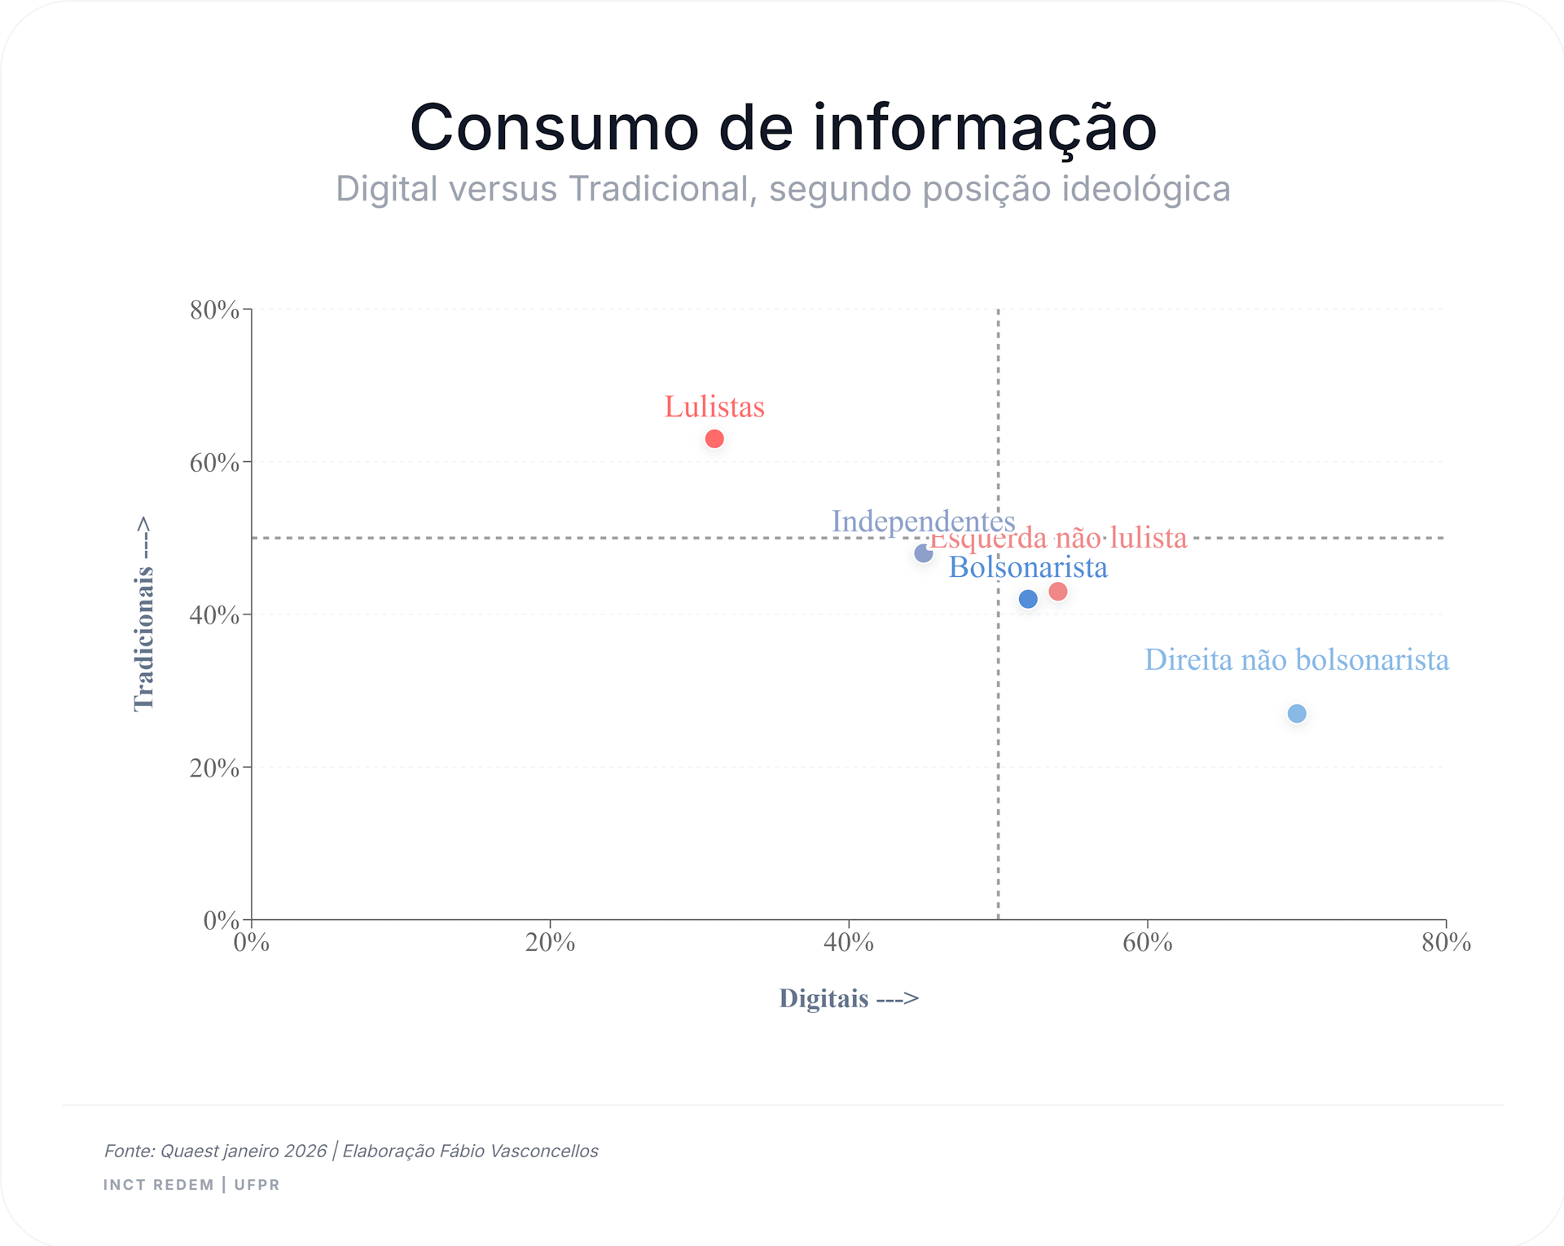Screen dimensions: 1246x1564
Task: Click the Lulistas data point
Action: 714,439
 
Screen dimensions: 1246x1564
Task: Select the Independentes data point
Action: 923,553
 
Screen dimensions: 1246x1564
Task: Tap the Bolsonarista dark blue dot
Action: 1028,599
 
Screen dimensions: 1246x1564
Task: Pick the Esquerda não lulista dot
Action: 1058,592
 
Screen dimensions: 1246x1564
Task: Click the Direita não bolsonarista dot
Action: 1297,714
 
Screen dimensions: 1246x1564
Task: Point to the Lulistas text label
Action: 714,407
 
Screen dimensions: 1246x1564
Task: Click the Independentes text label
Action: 923,521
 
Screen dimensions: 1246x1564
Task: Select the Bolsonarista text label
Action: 1028,567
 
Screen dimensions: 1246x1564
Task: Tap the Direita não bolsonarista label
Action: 1297,659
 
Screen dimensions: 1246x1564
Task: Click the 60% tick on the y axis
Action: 215,463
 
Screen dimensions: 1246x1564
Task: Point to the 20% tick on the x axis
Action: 550,943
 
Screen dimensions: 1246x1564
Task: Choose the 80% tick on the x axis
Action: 1446,943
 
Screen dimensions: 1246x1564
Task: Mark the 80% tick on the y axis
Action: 215,310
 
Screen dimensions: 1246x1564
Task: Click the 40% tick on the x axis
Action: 849,943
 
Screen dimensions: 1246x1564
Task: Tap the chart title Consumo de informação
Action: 783,128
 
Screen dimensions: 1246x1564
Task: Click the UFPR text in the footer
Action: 257,1185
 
